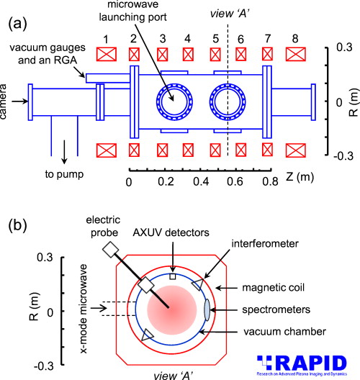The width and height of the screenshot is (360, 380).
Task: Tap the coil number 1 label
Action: coord(105,38)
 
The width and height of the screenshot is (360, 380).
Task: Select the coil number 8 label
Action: coord(297,38)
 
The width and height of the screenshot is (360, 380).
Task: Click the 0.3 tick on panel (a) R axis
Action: coord(343,48)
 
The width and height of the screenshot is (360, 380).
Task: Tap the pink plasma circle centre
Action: coord(169,309)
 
